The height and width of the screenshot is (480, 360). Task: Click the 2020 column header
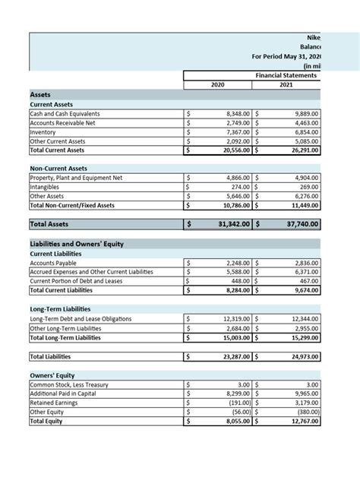(x=218, y=86)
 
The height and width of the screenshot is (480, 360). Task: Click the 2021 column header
(x=286, y=86)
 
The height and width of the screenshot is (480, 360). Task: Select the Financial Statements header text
(x=286, y=76)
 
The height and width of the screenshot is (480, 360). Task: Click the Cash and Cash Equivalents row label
(x=65, y=114)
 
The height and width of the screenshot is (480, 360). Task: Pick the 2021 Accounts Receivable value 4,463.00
(x=305, y=123)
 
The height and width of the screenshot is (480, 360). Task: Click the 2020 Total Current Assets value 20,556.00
(x=232, y=150)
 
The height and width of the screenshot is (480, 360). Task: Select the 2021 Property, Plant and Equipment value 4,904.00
(x=305, y=178)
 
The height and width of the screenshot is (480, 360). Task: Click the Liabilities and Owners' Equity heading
(x=76, y=244)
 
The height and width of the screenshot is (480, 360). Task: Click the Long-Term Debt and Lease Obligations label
(x=80, y=319)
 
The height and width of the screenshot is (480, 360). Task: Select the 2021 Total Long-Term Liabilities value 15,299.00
(x=303, y=337)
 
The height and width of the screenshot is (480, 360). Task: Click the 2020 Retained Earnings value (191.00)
(x=236, y=403)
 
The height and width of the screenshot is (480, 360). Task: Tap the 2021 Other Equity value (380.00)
(x=305, y=412)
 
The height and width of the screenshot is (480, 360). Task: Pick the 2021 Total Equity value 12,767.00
(x=303, y=421)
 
